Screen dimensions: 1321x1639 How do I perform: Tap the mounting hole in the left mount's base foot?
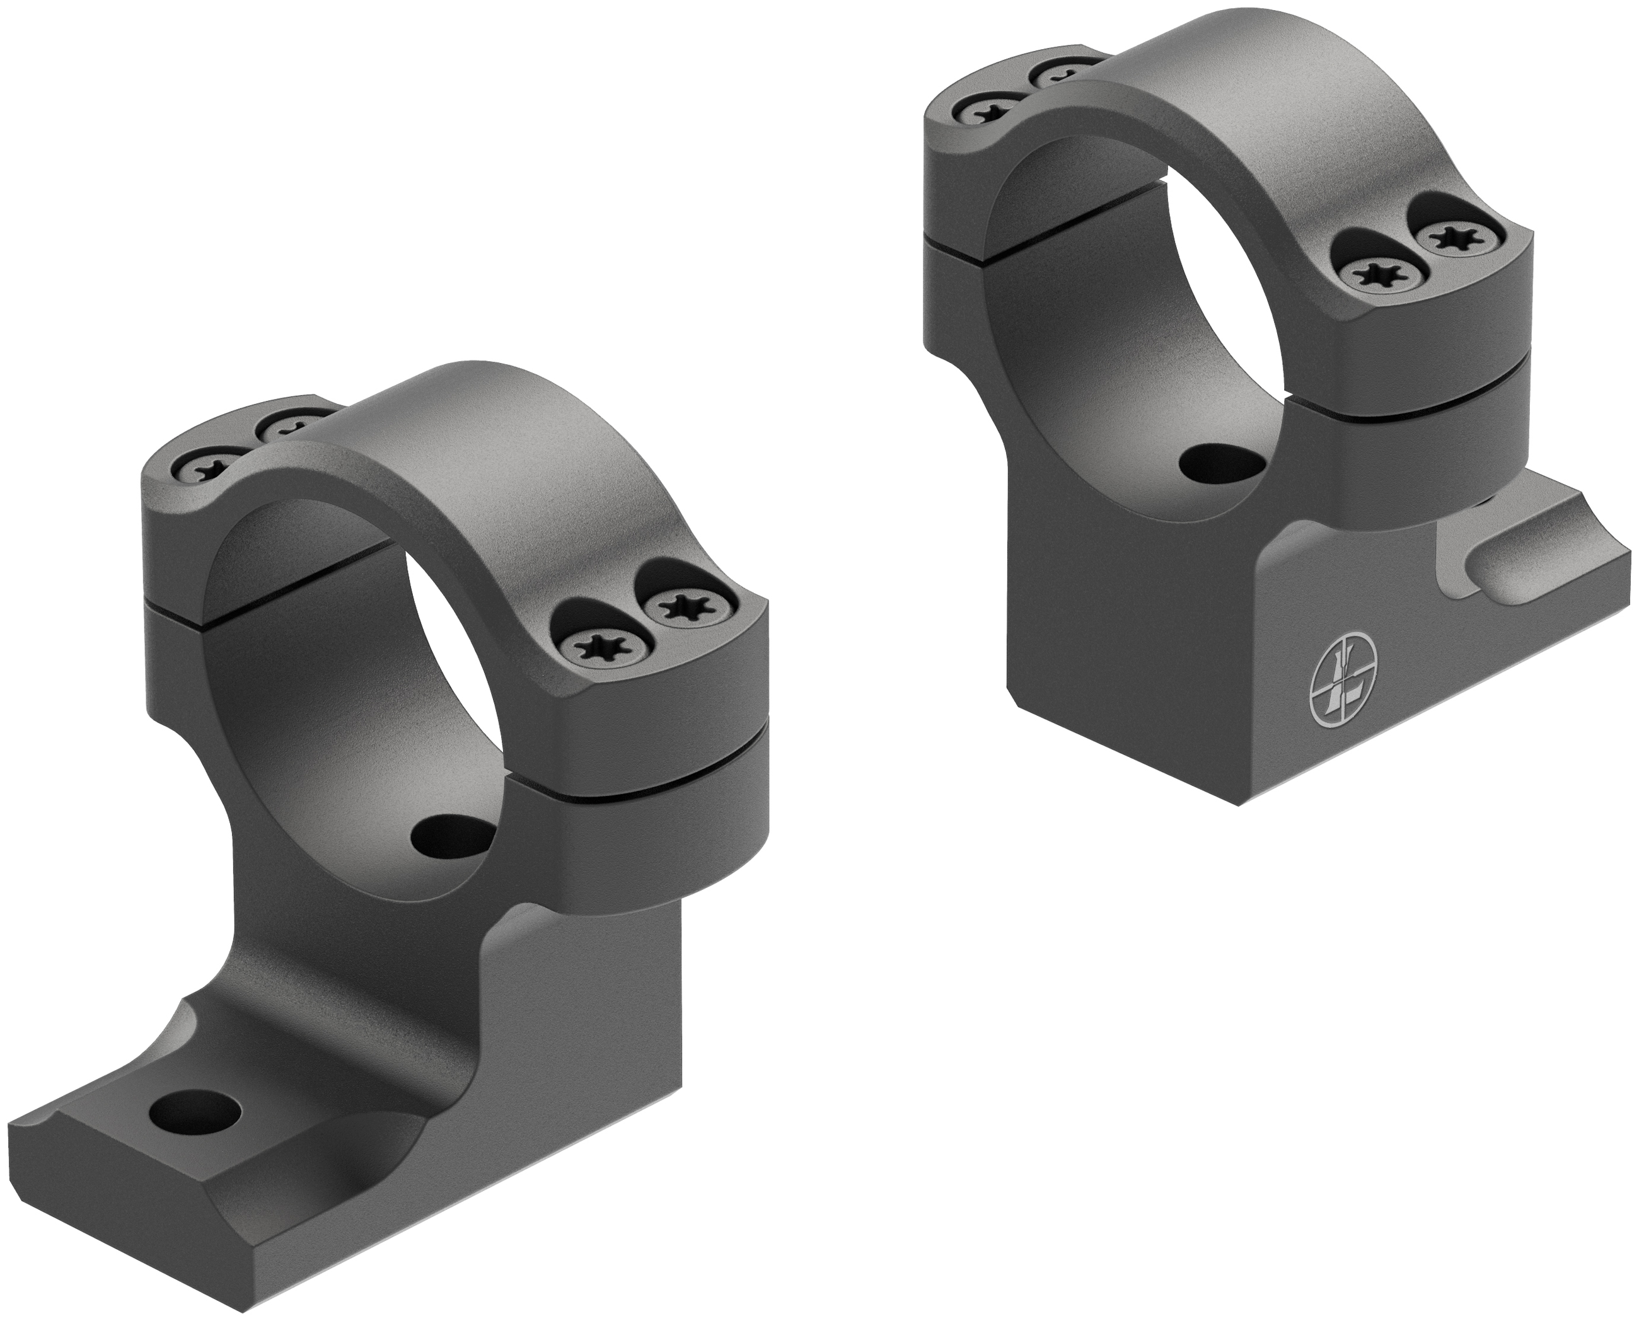click(x=196, y=1116)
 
